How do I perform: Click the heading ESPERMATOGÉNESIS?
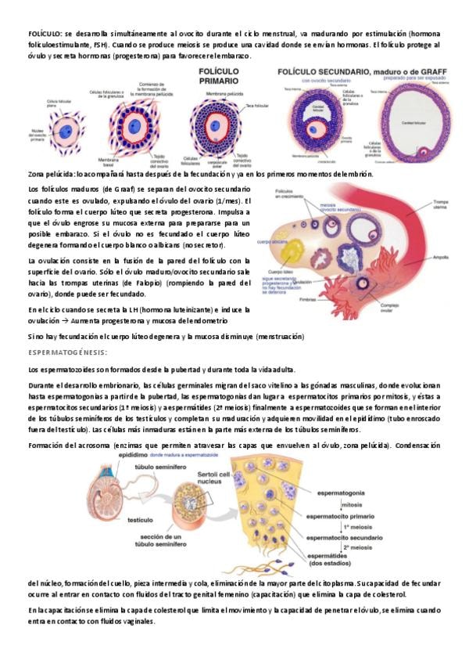[x=67, y=352]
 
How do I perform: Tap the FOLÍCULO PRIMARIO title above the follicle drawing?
[x=219, y=76]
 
